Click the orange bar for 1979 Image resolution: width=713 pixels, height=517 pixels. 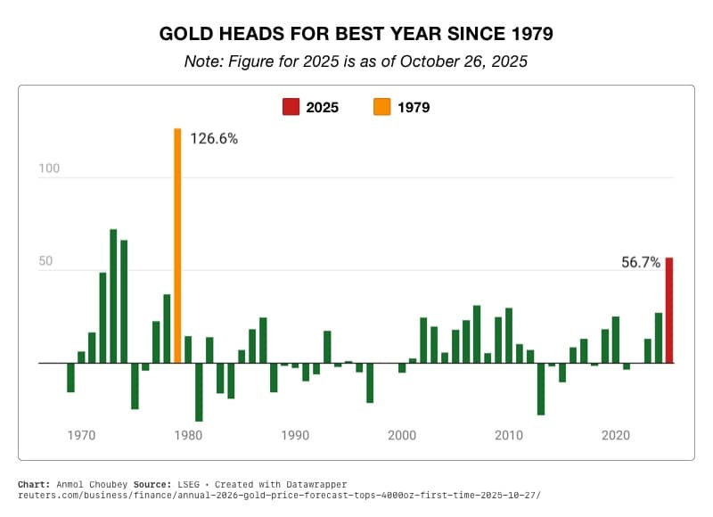pyautogui.click(x=177, y=246)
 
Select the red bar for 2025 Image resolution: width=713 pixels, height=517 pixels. pyautogui.click(x=669, y=310)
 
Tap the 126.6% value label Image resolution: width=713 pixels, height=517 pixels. pyautogui.click(x=214, y=138)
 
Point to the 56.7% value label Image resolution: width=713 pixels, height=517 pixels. pyautogui.click(x=641, y=262)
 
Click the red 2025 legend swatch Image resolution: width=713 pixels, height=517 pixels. pyautogui.click(x=291, y=108)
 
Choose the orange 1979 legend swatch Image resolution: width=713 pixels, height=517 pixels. pyautogui.click(x=382, y=108)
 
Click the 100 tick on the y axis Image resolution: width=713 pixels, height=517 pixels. pyautogui.click(x=48, y=168)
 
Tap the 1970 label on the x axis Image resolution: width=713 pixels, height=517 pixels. pyautogui.click(x=81, y=436)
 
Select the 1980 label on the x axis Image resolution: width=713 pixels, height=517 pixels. pyautogui.click(x=188, y=436)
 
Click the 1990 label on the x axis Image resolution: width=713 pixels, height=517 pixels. pyautogui.click(x=295, y=436)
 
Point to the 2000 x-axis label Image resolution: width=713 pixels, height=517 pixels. pyautogui.click(x=402, y=436)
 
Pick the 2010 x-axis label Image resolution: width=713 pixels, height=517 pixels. pyautogui.click(x=509, y=436)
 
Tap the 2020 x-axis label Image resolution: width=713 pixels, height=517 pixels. pyautogui.click(x=616, y=436)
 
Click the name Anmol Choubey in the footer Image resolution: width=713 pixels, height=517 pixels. pyautogui.click(x=91, y=484)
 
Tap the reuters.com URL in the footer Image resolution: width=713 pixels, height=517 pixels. pyautogui.click(x=279, y=495)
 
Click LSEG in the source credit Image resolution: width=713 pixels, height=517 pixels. pyautogui.click(x=190, y=484)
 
